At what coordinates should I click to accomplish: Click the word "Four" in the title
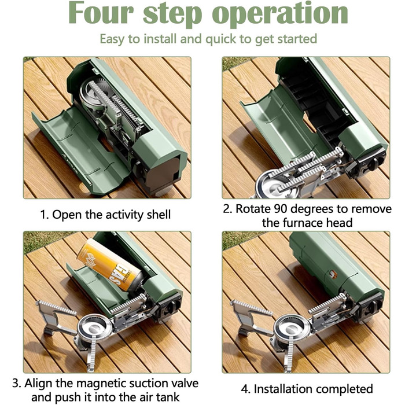pyautogui.click(x=101, y=13)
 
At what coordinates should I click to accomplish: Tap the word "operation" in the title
pyautogui.click(x=280, y=14)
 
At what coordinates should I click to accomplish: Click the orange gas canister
pyautogui.click(x=111, y=265)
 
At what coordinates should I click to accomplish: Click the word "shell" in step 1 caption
pyautogui.click(x=159, y=215)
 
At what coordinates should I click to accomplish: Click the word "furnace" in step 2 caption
pyautogui.click(x=302, y=223)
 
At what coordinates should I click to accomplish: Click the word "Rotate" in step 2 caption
pyautogui.click(x=252, y=209)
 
